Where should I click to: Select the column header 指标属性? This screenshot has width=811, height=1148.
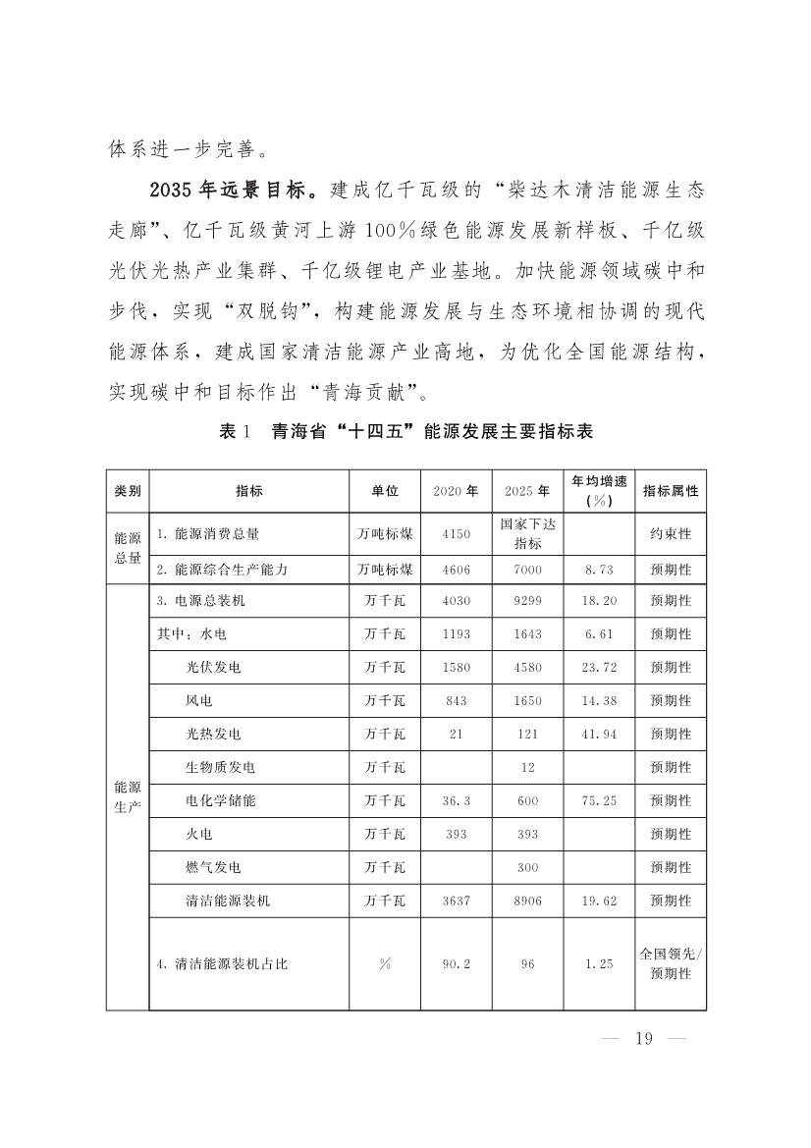pos(671,491)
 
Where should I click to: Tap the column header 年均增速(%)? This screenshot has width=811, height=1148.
pos(599,491)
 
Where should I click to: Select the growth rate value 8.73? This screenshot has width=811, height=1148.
pos(599,569)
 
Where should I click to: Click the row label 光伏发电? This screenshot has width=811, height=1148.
pos(213,668)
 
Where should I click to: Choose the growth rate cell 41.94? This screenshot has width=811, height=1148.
pos(599,735)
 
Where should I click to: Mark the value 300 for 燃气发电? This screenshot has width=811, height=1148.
pos(528,868)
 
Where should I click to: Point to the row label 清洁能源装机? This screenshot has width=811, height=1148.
pos(228,901)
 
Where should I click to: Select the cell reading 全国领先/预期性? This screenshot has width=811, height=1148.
pos(671,963)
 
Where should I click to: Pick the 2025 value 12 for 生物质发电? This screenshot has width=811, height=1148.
pos(528,768)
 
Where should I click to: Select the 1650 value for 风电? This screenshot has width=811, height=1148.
pos(528,701)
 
